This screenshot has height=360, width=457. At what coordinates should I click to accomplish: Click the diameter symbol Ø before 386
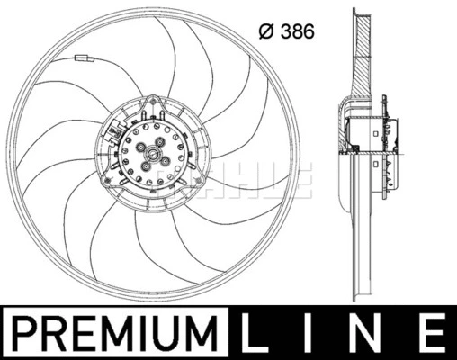(x=264, y=33)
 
